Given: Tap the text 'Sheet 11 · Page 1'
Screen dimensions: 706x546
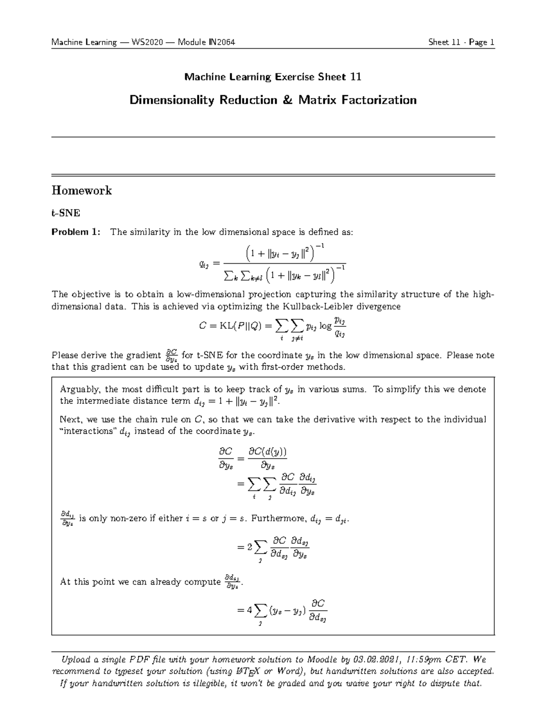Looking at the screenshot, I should tap(461, 43).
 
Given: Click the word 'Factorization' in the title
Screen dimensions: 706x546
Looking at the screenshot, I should tap(380, 100).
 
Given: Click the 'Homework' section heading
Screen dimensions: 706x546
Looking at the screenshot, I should tap(82, 190).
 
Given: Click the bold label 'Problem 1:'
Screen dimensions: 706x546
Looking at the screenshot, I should tap(76, 232).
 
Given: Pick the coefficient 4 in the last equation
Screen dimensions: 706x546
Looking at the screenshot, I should tap(249, 611).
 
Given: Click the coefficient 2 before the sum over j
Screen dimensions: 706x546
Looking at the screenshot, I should tap(249, 548).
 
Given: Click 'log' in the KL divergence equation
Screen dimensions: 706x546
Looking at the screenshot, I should tap(325, 325).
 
